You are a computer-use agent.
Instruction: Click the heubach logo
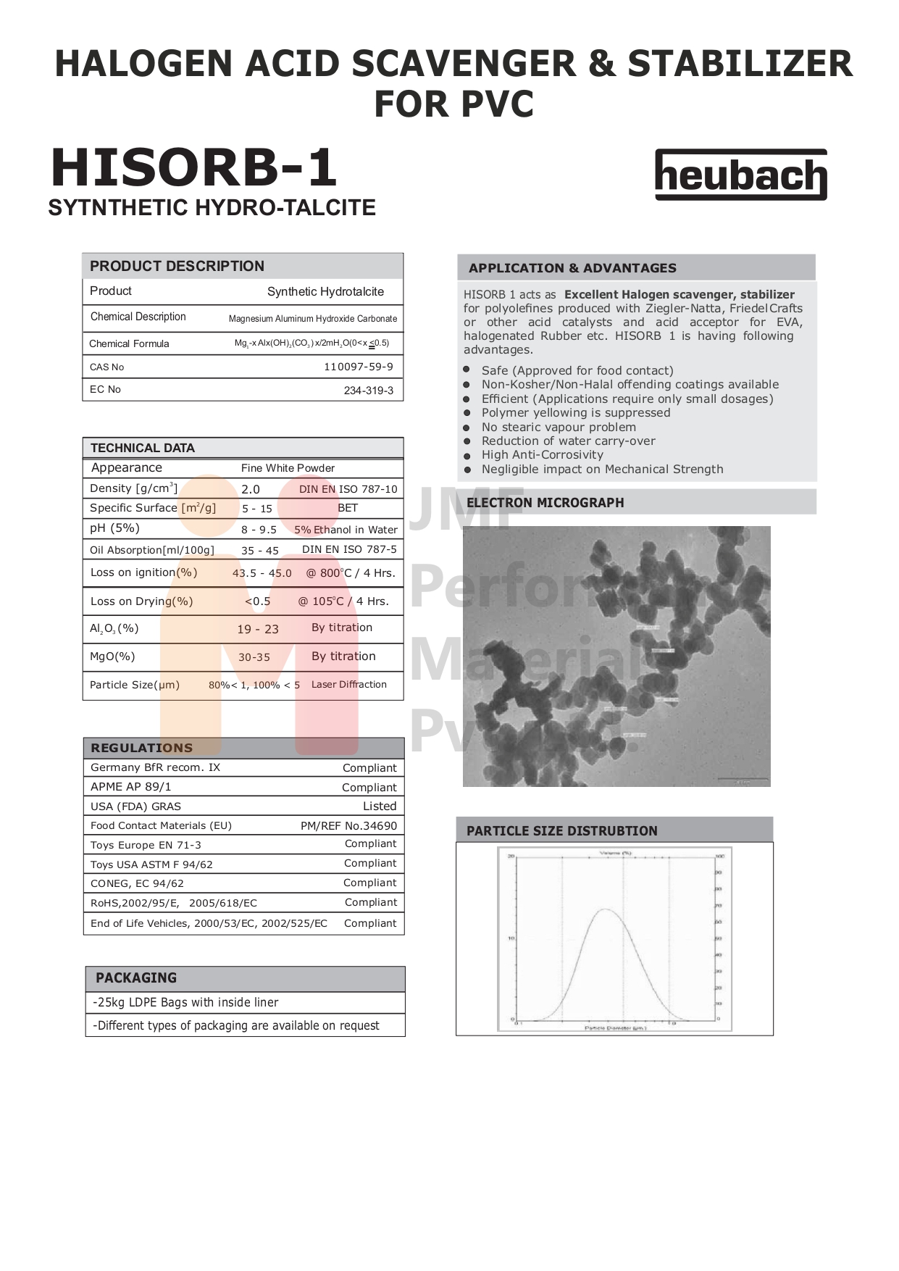pyautogui.click(x=740, y=175)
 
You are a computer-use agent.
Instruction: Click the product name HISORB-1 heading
pyautogui.click(x=194, y=168)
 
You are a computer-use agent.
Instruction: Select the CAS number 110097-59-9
pyautogui.click(x=358, y=367)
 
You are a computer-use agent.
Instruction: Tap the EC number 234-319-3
pyautogui.click(x=368, y=391)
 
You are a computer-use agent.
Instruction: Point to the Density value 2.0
pyautogui.click(x=250, y=489)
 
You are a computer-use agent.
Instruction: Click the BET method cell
pyautogui.click(x=348, y=508)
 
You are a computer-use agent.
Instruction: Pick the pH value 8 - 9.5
pyautogui.click(x=259, y=530)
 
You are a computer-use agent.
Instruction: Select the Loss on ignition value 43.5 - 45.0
pyautogui.click(x=262, y=573)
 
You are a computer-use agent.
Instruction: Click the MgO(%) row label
pyautogui.click(x=112, y=657)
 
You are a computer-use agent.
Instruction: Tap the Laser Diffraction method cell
pyautogui.click(x=348, y=684)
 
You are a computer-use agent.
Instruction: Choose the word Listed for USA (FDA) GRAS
pyautogui.click(x=380, y=806)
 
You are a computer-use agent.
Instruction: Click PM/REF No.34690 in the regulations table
pyautogui.click(x=348, y=825)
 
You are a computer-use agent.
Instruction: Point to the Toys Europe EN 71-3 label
pyautogui.click(x=146, y=845)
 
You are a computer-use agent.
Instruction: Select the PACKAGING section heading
pyautogui.click(x=136, y=978)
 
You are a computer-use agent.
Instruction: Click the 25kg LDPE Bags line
pyautogui.click(x=186, y=1002)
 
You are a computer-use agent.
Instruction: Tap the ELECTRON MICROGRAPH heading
pyautogui.click(x=545, y=502)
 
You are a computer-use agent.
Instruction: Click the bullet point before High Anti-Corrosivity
pyautogui.click(x=467, y=455)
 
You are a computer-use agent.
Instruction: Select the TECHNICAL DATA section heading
pyautogui.click(x=143, y=448)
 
